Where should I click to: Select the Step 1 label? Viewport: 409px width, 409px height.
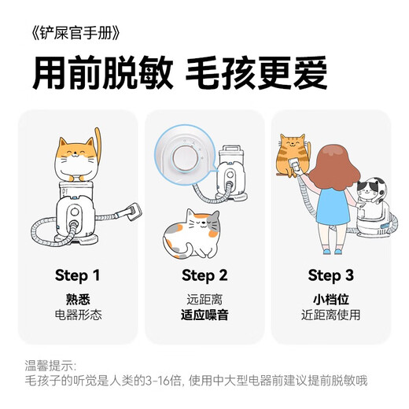pyautogui.click(x=77, y=275)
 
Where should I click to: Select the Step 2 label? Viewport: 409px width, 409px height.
pyautogui.click(x=204, y=275)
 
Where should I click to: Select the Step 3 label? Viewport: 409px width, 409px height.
pyautogui.click(x=330, y=275)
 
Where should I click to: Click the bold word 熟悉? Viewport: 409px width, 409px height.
pyautogui.click(x=77, y=300)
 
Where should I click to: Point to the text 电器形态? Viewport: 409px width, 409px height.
pyautogui.click(x=77, y=315)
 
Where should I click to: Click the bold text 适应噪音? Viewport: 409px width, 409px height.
pyautogui.click(x=204, y=315)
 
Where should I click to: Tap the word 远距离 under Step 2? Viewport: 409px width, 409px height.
pyautogui.click(x=204, y=300)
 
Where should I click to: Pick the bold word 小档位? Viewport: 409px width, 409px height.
pyautogui.click(x=330, y=300)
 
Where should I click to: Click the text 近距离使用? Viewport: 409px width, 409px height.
pyautogui.click(x=330, y=315)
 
